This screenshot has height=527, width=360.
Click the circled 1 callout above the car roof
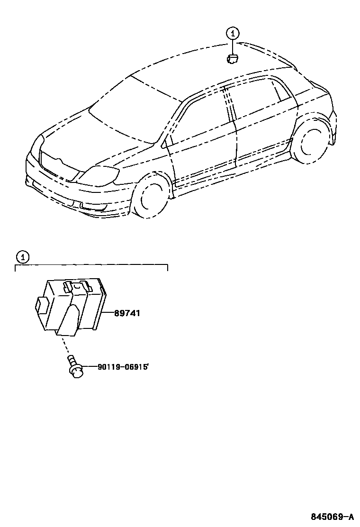point(232,33)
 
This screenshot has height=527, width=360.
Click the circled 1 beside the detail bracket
point(21,257)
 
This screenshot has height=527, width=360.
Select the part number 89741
point(127,313)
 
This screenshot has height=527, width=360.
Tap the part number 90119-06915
point(123,367)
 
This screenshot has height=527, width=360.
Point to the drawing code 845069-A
point(332,516)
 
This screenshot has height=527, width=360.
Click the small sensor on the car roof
point(233,59)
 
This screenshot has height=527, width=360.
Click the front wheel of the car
point(151,198)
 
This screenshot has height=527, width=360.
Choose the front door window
point(204,118)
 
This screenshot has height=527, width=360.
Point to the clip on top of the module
point(77,286)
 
